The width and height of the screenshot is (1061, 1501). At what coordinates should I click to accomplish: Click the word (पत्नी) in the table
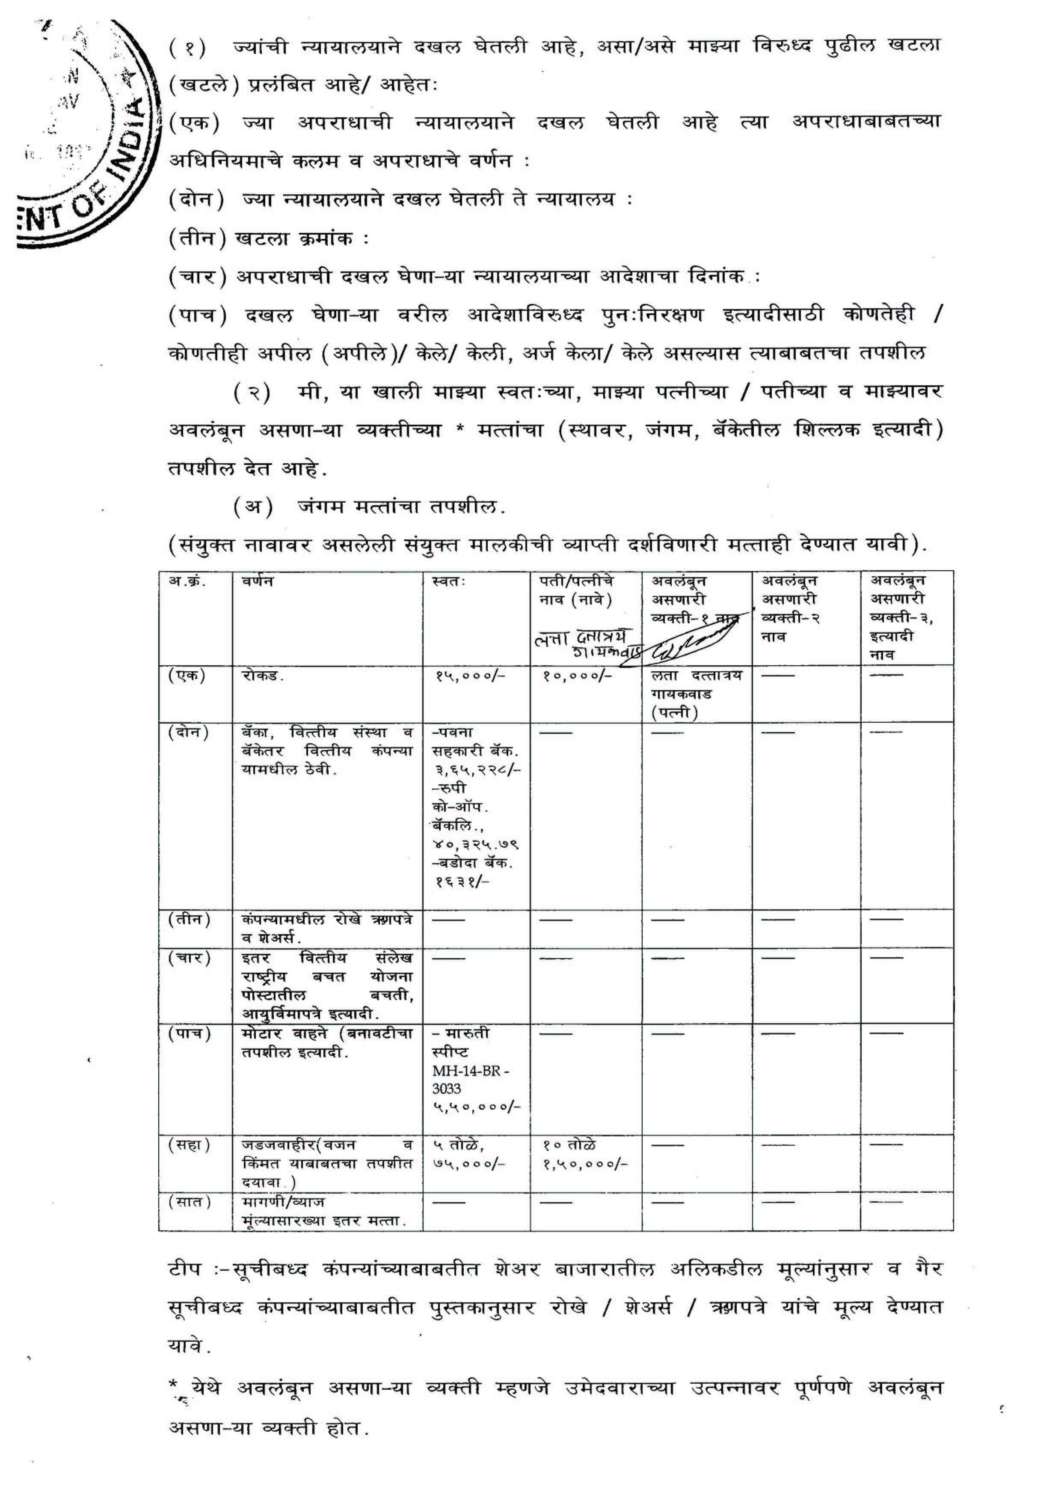[674, 712]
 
